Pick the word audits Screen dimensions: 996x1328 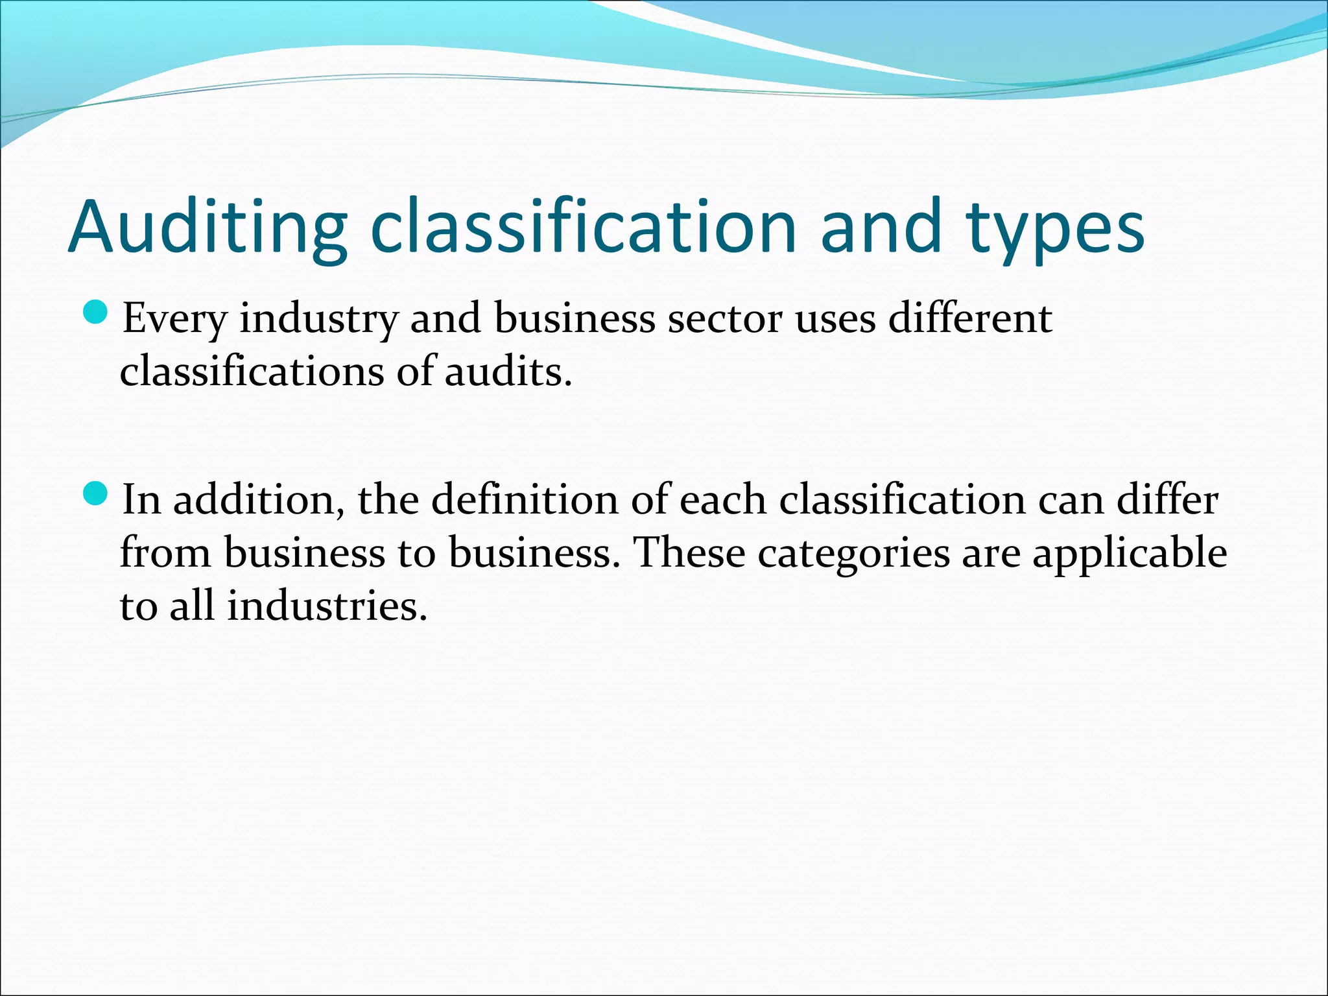[508, 372]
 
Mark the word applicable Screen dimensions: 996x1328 [1130, 555]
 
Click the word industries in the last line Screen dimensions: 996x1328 [327, 606]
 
